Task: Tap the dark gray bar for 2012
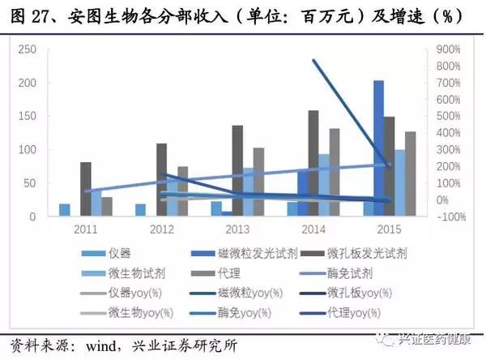coord(162,180)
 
